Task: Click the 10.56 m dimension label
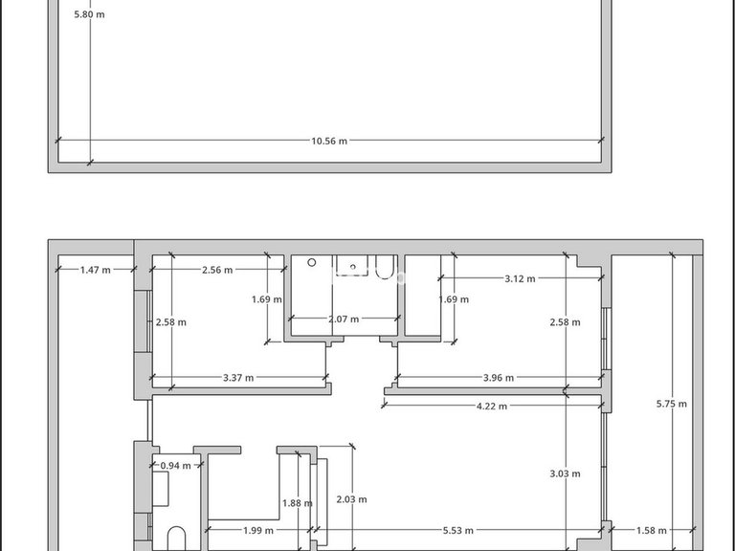pyautogui.click(x=329, y=141)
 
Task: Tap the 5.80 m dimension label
pyautogui.click(x=90, y=14)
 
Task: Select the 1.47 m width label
pyautogui.click(x=96, y=270)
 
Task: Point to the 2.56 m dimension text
pyautogui.click(x=217, y=270)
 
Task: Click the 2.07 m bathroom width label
pyautogui.click(x=344, y=320)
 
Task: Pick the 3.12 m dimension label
pyautogui.click(x=520, y=278)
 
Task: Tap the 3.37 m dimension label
pyautogui.click(x=238, y=378)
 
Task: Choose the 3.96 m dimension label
pyautogui.click(x=499, y=378)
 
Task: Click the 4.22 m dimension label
pyautogui.click(x=492, y=407)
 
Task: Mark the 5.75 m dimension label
pyautogui.click(x=672, y=404)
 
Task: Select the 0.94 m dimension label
pyautogui.click(x=176, y=466)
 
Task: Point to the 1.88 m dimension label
pyautogui.click(x=298, y=503)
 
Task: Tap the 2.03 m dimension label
pyautogui.click(x=351, y=499)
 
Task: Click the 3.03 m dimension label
pyautogui.click(x=565, y=474)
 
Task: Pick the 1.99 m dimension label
pyautogui.click(x=258, y=530)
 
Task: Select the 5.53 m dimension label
pyautogui.click(x=458, y=530)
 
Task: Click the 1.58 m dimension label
pyautogui.click(x=651, y=530)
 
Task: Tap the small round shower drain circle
pyautogui.click(x=312, y=263)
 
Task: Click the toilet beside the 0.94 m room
pyautogui.click(x=176, y=539)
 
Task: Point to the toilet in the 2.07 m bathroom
pyautogui.click(x=385, y=267)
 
